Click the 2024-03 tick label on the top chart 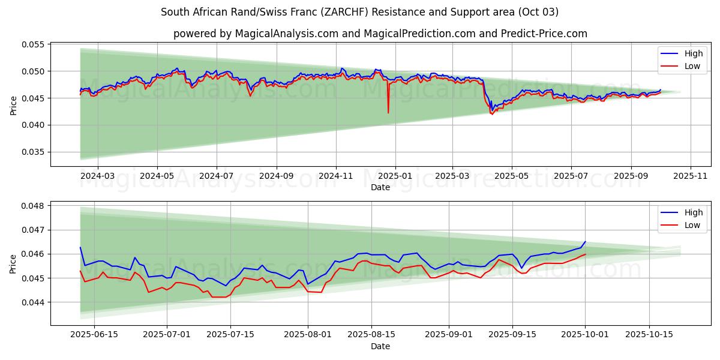(97, 176)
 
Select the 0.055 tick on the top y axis (34, 44)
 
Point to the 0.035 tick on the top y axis (34, 152)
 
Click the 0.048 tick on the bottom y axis (34, 206)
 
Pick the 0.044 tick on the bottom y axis (34, 302)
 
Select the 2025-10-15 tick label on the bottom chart (649, 334)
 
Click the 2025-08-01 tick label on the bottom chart (308, 334)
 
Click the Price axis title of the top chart (14, 104)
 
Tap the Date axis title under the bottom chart (380, 346)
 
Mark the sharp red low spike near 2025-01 (388, 112)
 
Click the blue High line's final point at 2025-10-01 (585, 242)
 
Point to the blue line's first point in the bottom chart (80, 247)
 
